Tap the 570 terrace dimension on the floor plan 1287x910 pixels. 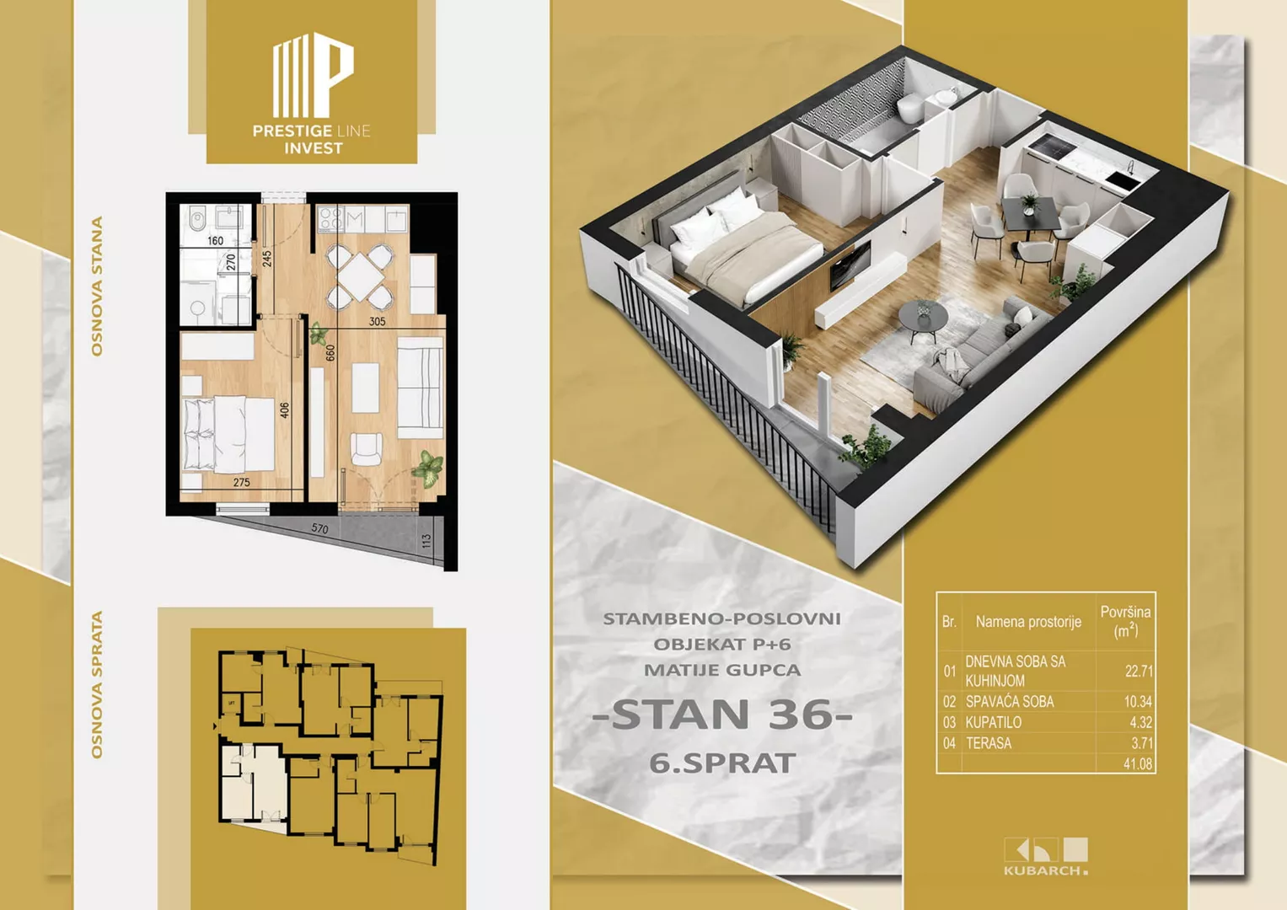pos(320,528)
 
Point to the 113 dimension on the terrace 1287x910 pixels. pos(426,541)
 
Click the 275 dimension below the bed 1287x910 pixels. pos(241,483)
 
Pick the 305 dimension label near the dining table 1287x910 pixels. pos(377,322)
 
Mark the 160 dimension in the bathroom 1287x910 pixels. pos(216,241)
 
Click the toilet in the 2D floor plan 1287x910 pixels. pos(197,220)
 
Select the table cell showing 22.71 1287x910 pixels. pos(1138,671)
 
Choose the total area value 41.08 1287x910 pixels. pos(1138,764)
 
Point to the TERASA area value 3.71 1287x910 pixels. pos(1142,743)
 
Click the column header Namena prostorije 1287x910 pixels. pos(1028,622)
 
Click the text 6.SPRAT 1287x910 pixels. pos(722,763)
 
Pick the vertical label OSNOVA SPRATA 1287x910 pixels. pos(97,684)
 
